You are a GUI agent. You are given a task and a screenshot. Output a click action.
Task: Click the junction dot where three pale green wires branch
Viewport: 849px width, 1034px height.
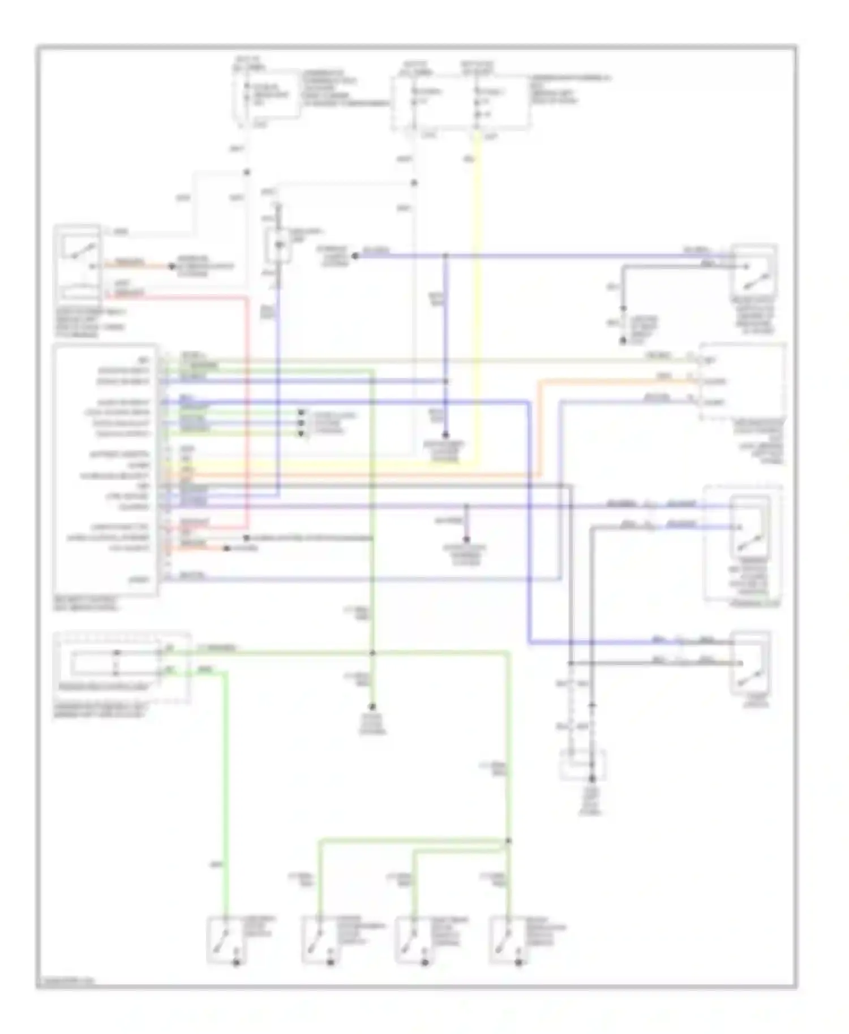tap(508, 841)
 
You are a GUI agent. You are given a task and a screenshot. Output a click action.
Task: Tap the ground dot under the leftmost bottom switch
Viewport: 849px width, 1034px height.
tap(237, 962)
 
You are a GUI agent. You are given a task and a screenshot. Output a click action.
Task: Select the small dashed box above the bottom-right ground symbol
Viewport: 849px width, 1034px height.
tap(582, 765)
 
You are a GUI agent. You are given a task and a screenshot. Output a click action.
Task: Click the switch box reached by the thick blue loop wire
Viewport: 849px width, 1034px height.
tap(751, 662)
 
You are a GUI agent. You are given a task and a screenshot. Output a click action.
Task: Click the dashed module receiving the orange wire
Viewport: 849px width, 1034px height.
tap(743, 381)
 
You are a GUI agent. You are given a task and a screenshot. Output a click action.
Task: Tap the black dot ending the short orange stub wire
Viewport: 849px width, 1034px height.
tap(171, 266)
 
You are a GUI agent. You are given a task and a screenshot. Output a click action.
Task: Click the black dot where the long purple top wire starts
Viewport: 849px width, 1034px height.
tap(355, 256)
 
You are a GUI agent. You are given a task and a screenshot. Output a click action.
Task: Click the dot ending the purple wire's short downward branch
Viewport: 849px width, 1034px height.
tap(466, 539)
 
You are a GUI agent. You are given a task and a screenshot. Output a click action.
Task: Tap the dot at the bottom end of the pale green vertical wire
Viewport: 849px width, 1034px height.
tap(372, 707)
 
